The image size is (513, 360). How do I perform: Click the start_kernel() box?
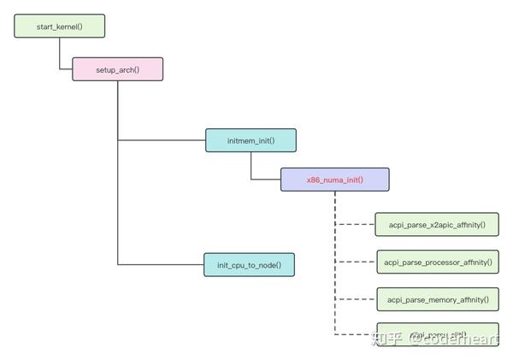[59, 27]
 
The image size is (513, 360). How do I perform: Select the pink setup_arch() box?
[117, 68]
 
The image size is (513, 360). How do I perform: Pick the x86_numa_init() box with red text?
[334, 180]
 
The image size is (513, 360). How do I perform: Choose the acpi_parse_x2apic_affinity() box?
[435, 226]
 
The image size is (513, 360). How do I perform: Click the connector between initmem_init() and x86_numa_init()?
[251, 168]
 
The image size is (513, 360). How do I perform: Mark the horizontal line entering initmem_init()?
[161, 140]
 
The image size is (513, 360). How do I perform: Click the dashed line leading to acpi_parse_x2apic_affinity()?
[355, 226]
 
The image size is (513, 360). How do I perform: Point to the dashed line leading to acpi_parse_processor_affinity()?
[355, 263]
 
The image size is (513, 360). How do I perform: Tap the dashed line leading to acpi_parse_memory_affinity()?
[355, 299]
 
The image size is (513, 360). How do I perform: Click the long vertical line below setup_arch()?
[118, 197]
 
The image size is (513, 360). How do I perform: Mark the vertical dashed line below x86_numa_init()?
[334, 257]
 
